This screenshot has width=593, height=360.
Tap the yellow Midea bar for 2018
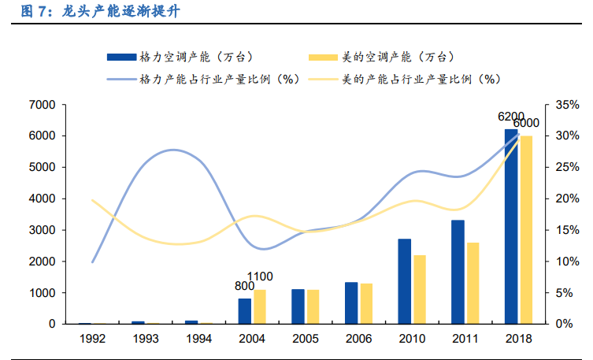click(x=526, y=230)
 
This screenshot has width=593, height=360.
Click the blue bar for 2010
click(x=404, y=281)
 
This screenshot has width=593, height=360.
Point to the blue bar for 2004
click(x=244, y=311)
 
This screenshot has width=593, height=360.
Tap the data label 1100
click(x=261, y=276)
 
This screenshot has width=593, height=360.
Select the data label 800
click(x=245, y=286)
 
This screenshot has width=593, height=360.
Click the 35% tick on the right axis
click(x=567, y=105)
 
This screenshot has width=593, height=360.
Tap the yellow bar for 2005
click(x=313, y=306)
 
